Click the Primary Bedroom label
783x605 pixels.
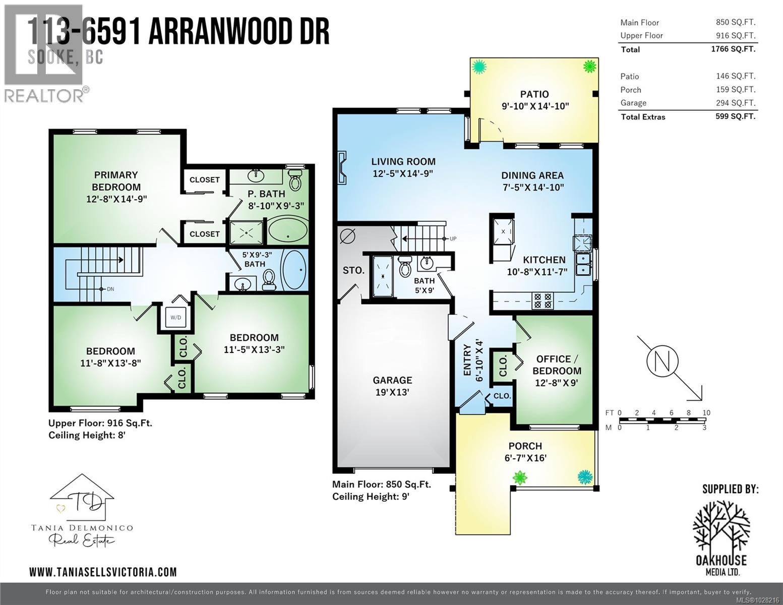[x=116, y=180]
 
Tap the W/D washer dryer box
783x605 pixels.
[x=175, y=318]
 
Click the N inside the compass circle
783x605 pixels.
[x=662, y=361]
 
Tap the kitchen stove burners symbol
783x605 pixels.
[x=543, y=301]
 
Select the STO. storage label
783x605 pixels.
[x=353, y=271]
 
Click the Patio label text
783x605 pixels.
[x=534, y=94]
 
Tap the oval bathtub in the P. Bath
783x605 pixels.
[x=287, y=231]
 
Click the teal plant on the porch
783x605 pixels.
[x=584, y=475]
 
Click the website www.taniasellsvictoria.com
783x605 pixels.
[x=103, y=572]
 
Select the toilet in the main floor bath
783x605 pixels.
[x=405, y=267]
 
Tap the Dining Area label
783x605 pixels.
[x=532, y=175]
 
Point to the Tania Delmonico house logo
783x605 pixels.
[x=82, y=499]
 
